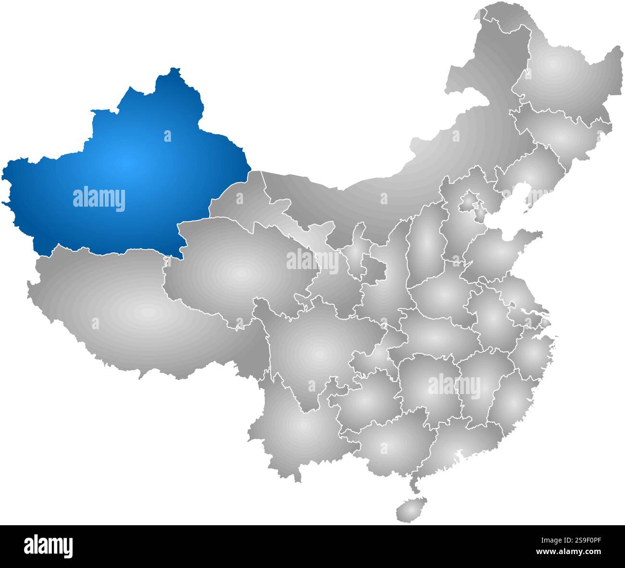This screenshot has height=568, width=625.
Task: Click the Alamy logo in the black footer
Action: pyautogui.click(x=48, y=546)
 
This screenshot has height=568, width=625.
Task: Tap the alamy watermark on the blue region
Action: pyautogui.click(x=99, y=199)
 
